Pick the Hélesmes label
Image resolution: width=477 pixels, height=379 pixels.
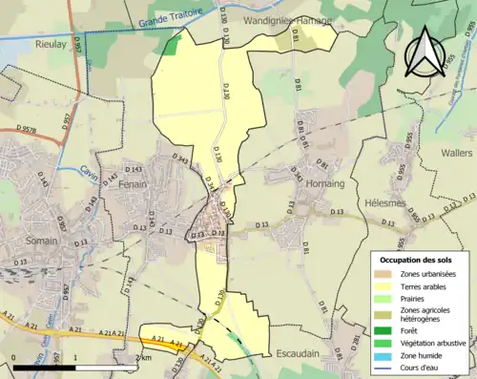pos(387,202)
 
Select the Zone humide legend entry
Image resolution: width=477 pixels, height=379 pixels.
pos(423,355)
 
